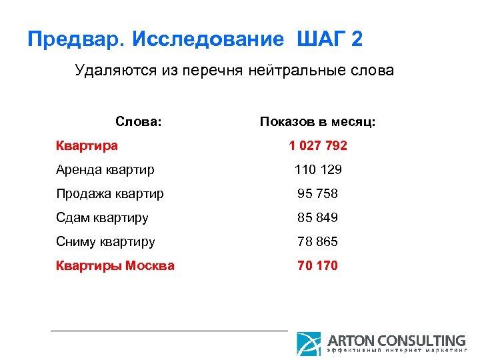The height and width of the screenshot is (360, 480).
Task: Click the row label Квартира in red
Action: coord(87,145)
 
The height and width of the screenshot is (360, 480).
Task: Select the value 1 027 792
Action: coord(318,145)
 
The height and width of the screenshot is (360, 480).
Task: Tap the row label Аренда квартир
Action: coord(105,169)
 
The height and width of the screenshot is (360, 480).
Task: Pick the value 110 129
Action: coord(318,169)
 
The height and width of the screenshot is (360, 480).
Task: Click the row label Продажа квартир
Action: coord(110,193)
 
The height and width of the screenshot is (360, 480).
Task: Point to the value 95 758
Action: coord(318,193)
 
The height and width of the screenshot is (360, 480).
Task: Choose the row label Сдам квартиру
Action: coord(102,217)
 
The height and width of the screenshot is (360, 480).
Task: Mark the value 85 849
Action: coord(318,217)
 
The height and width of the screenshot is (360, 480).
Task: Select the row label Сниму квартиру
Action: coord(105,241)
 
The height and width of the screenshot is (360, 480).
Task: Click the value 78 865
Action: coord(318,241)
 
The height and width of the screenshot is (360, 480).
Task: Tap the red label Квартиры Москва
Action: coord(115,265)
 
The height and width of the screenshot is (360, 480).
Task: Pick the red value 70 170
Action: coord(318,265)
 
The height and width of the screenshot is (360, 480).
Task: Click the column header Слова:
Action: coord(139,122)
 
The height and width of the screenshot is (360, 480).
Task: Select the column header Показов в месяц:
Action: coord(318,122)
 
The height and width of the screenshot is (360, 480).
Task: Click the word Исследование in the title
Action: coord(208,39)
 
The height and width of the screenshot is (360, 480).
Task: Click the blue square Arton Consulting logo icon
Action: coord(309,343)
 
